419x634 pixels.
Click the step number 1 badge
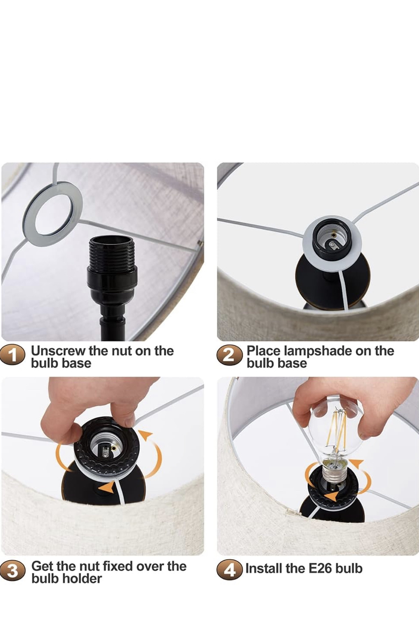(x=13, y=355)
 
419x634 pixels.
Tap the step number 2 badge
(x=229, y=355)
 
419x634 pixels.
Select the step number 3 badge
(x=13, y=570)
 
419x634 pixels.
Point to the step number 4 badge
(x=229, y=569)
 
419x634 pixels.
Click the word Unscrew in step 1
(x=58, y=351)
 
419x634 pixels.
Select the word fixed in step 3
(x=117, y=566)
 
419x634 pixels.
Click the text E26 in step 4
(x=319, y=569)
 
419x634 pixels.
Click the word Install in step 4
(x=262, y=569)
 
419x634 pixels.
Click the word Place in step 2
(x=263, y=351)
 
